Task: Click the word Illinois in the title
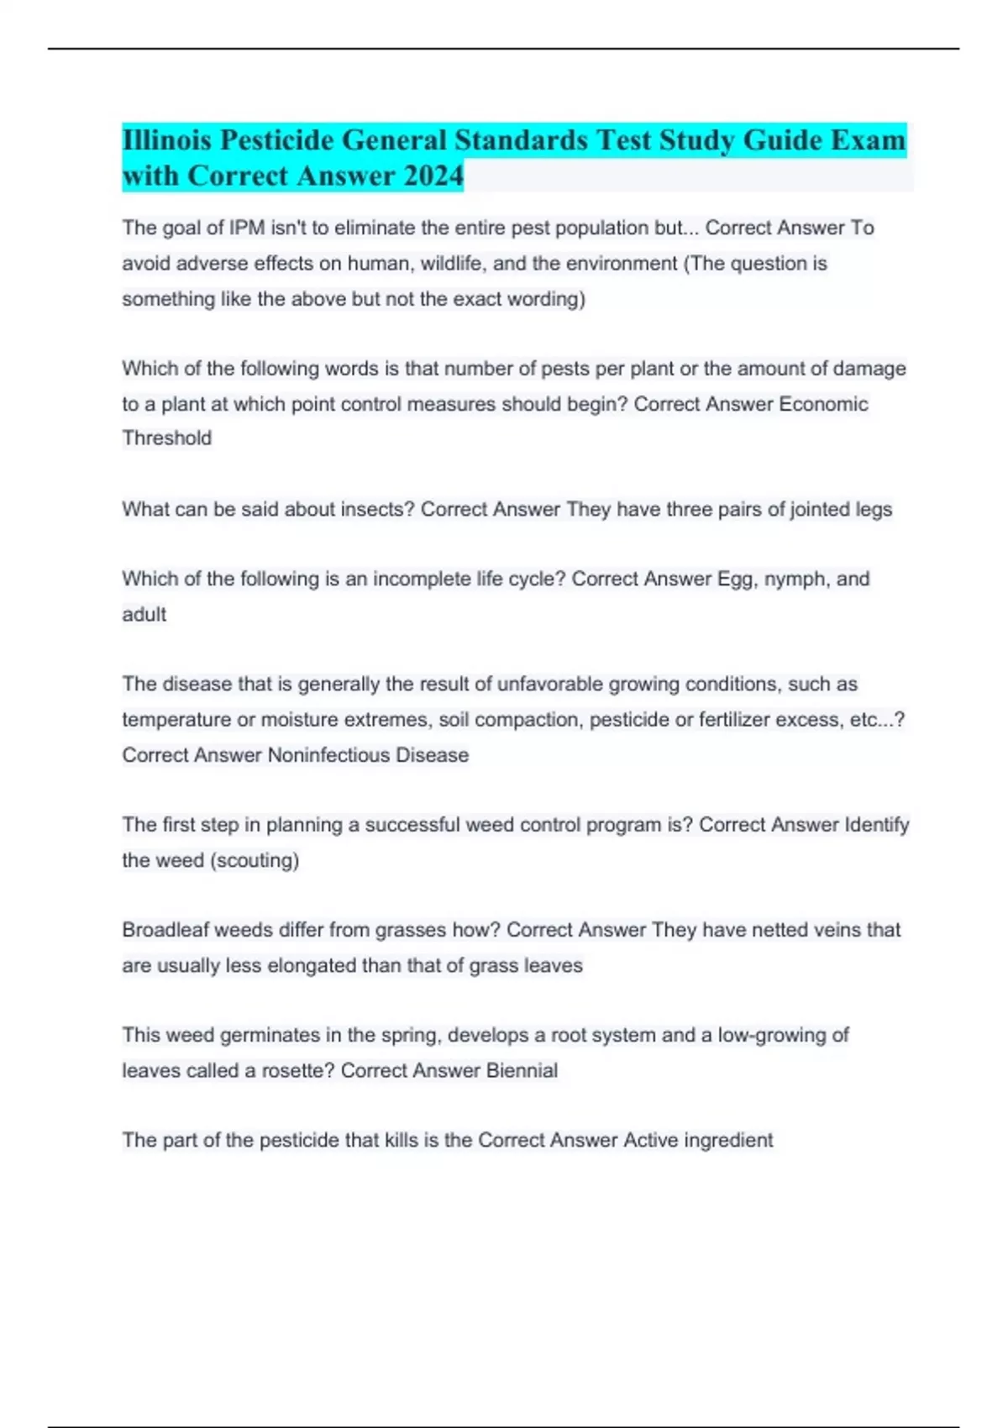167,139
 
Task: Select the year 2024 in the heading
433,176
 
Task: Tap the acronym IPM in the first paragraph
247,228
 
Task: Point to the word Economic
823,404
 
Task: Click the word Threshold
166,438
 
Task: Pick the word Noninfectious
328,755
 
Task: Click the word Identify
876,825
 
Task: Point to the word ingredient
728,1140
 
